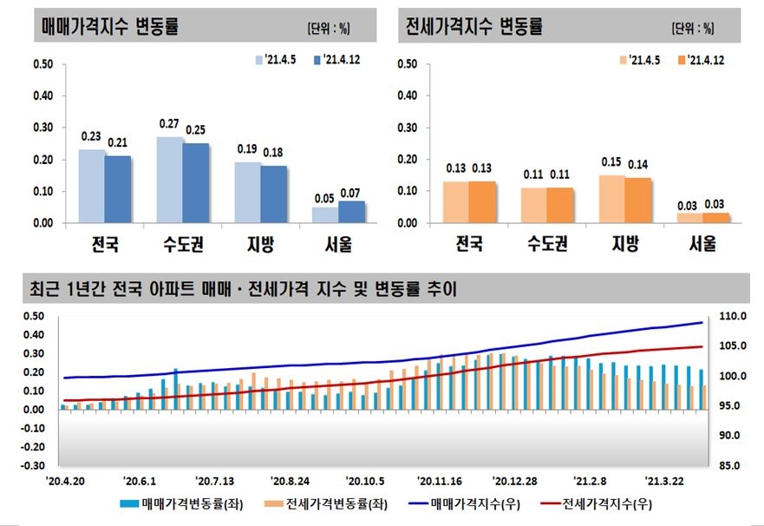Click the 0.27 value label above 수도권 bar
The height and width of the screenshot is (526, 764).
169,124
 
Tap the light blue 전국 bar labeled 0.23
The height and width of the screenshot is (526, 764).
91,186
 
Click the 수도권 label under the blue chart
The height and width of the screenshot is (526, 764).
183,245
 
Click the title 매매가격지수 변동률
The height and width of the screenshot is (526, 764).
111,27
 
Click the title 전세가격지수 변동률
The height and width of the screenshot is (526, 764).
474,27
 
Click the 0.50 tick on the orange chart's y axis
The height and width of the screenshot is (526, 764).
407,64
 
